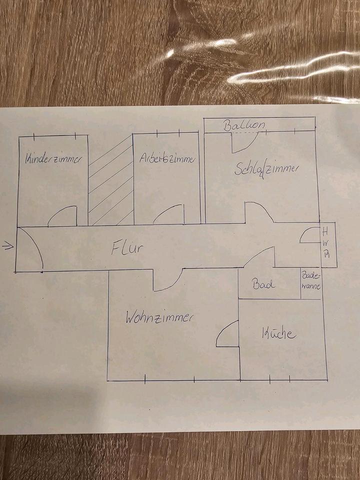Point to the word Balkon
(x=244, y=125)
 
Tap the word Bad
(x=262, y=285)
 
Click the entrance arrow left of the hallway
(x=7, y=245)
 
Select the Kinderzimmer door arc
(x=62, y=216)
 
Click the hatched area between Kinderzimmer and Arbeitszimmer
(x=110, y=182)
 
